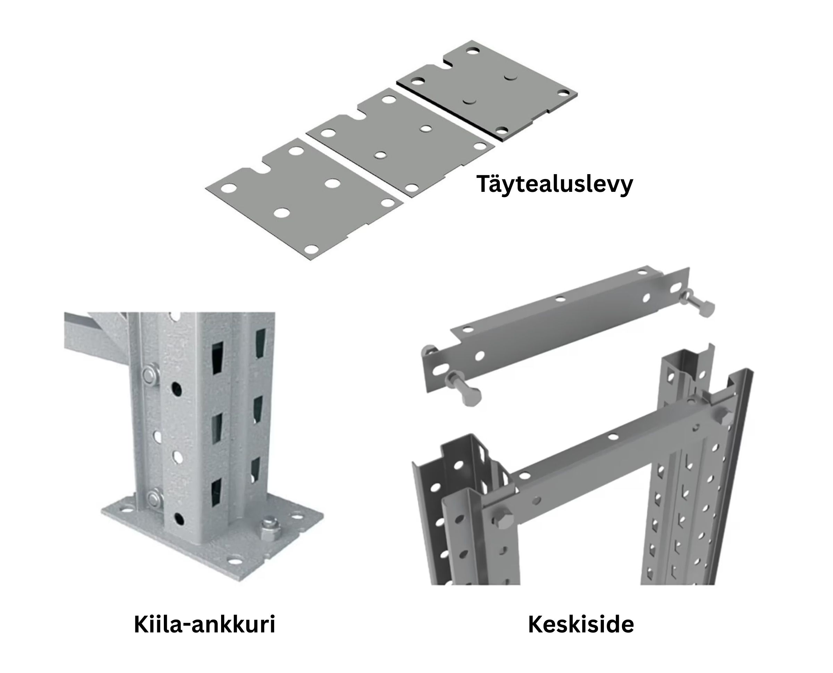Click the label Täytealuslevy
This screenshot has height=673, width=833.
pos(555,185)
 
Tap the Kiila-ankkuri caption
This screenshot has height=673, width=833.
pos(204,624)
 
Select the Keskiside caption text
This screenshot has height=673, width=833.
pos(581,624)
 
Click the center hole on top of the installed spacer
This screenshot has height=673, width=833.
pos(613,437)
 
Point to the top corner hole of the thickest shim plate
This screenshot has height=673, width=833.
pos(473,50)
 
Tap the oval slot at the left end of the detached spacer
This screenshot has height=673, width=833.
pos(437,370)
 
